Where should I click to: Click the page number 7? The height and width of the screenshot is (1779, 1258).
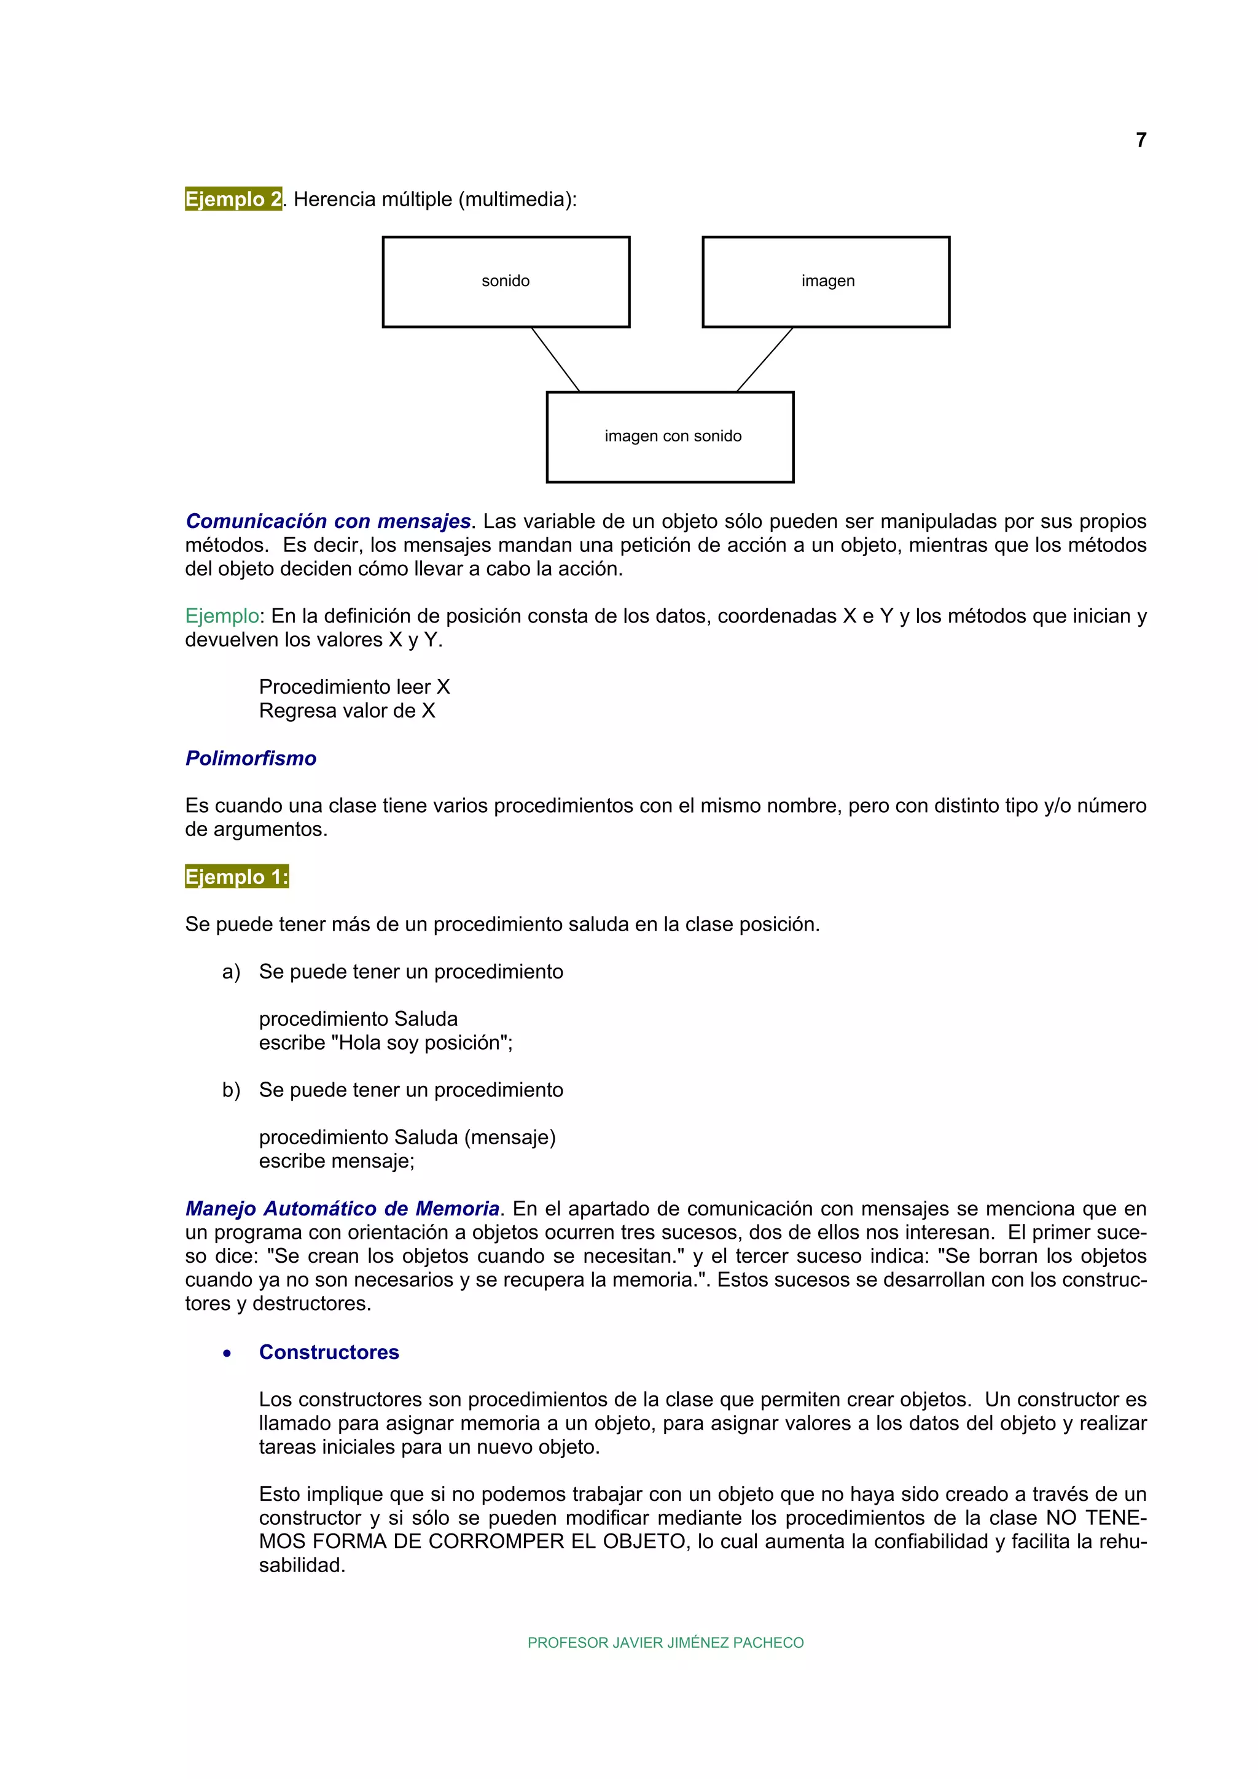[x=1140, y=140]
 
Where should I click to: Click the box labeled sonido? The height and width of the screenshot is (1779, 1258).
[x=506, y=282]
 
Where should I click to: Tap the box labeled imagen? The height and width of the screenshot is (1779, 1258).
[x=826, y=282]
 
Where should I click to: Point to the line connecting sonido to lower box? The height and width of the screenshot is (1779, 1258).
[x=555, y=360]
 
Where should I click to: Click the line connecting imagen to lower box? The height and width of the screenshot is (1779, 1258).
[x=764, y=360]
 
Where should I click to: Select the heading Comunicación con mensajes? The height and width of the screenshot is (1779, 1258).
[x=328, y=521]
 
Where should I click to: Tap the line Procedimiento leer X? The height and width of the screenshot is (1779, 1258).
[x=354, y=688]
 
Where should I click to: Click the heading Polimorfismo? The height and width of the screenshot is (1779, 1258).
[x=251, y=759]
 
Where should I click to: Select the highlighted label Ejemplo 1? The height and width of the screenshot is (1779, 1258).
[x=236, y=877]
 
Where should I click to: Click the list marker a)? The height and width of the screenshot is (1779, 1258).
[x=231, y=972]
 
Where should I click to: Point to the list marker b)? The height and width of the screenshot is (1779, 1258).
[x=231, y=1090]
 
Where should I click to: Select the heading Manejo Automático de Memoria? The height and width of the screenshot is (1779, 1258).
[x=342, y=1209]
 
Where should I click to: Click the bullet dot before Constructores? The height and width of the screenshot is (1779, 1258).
[x=227, y=1354]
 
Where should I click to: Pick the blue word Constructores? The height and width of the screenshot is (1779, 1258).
[x=329, y=1352]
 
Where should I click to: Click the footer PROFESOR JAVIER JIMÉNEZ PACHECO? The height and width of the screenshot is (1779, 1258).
[x=665, y=1643]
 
